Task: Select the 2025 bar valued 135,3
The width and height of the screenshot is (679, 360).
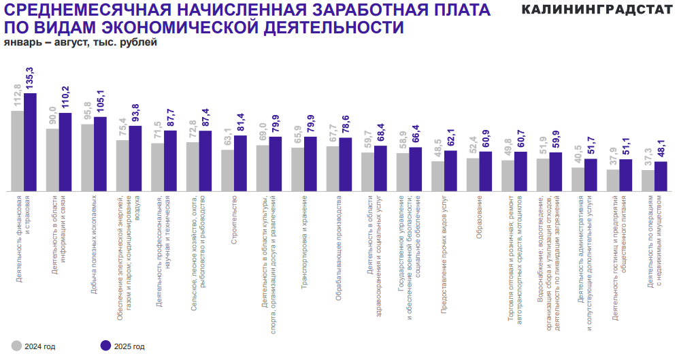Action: pyautogui.click(x=30, y=142)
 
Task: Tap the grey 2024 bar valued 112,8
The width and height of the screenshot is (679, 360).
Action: pyautogui.click(x=17, y=150)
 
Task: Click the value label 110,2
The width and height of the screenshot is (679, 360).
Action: pyautogui.click(x=65, y=99)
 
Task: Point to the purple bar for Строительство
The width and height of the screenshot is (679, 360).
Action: pyautogui.click(x=240, y=163)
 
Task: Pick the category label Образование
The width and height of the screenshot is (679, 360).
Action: pyautogui.click(x=479, y=218)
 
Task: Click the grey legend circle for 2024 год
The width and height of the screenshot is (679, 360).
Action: pyautogui.click(x=16, y=346)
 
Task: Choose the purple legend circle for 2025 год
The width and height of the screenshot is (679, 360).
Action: pyautogui.click(x=105, y=346)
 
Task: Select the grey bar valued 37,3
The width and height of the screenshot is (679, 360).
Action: pyautogui.click(x=648, y=180)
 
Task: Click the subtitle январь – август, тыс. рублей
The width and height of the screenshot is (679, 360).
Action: pyautogui.click(x=80, y=43)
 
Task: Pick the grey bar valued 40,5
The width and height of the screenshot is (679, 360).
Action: pyautogui.click(x=578, y=179)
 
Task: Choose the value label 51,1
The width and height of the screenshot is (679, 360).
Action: pyautogui.click(x=625, y=147)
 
